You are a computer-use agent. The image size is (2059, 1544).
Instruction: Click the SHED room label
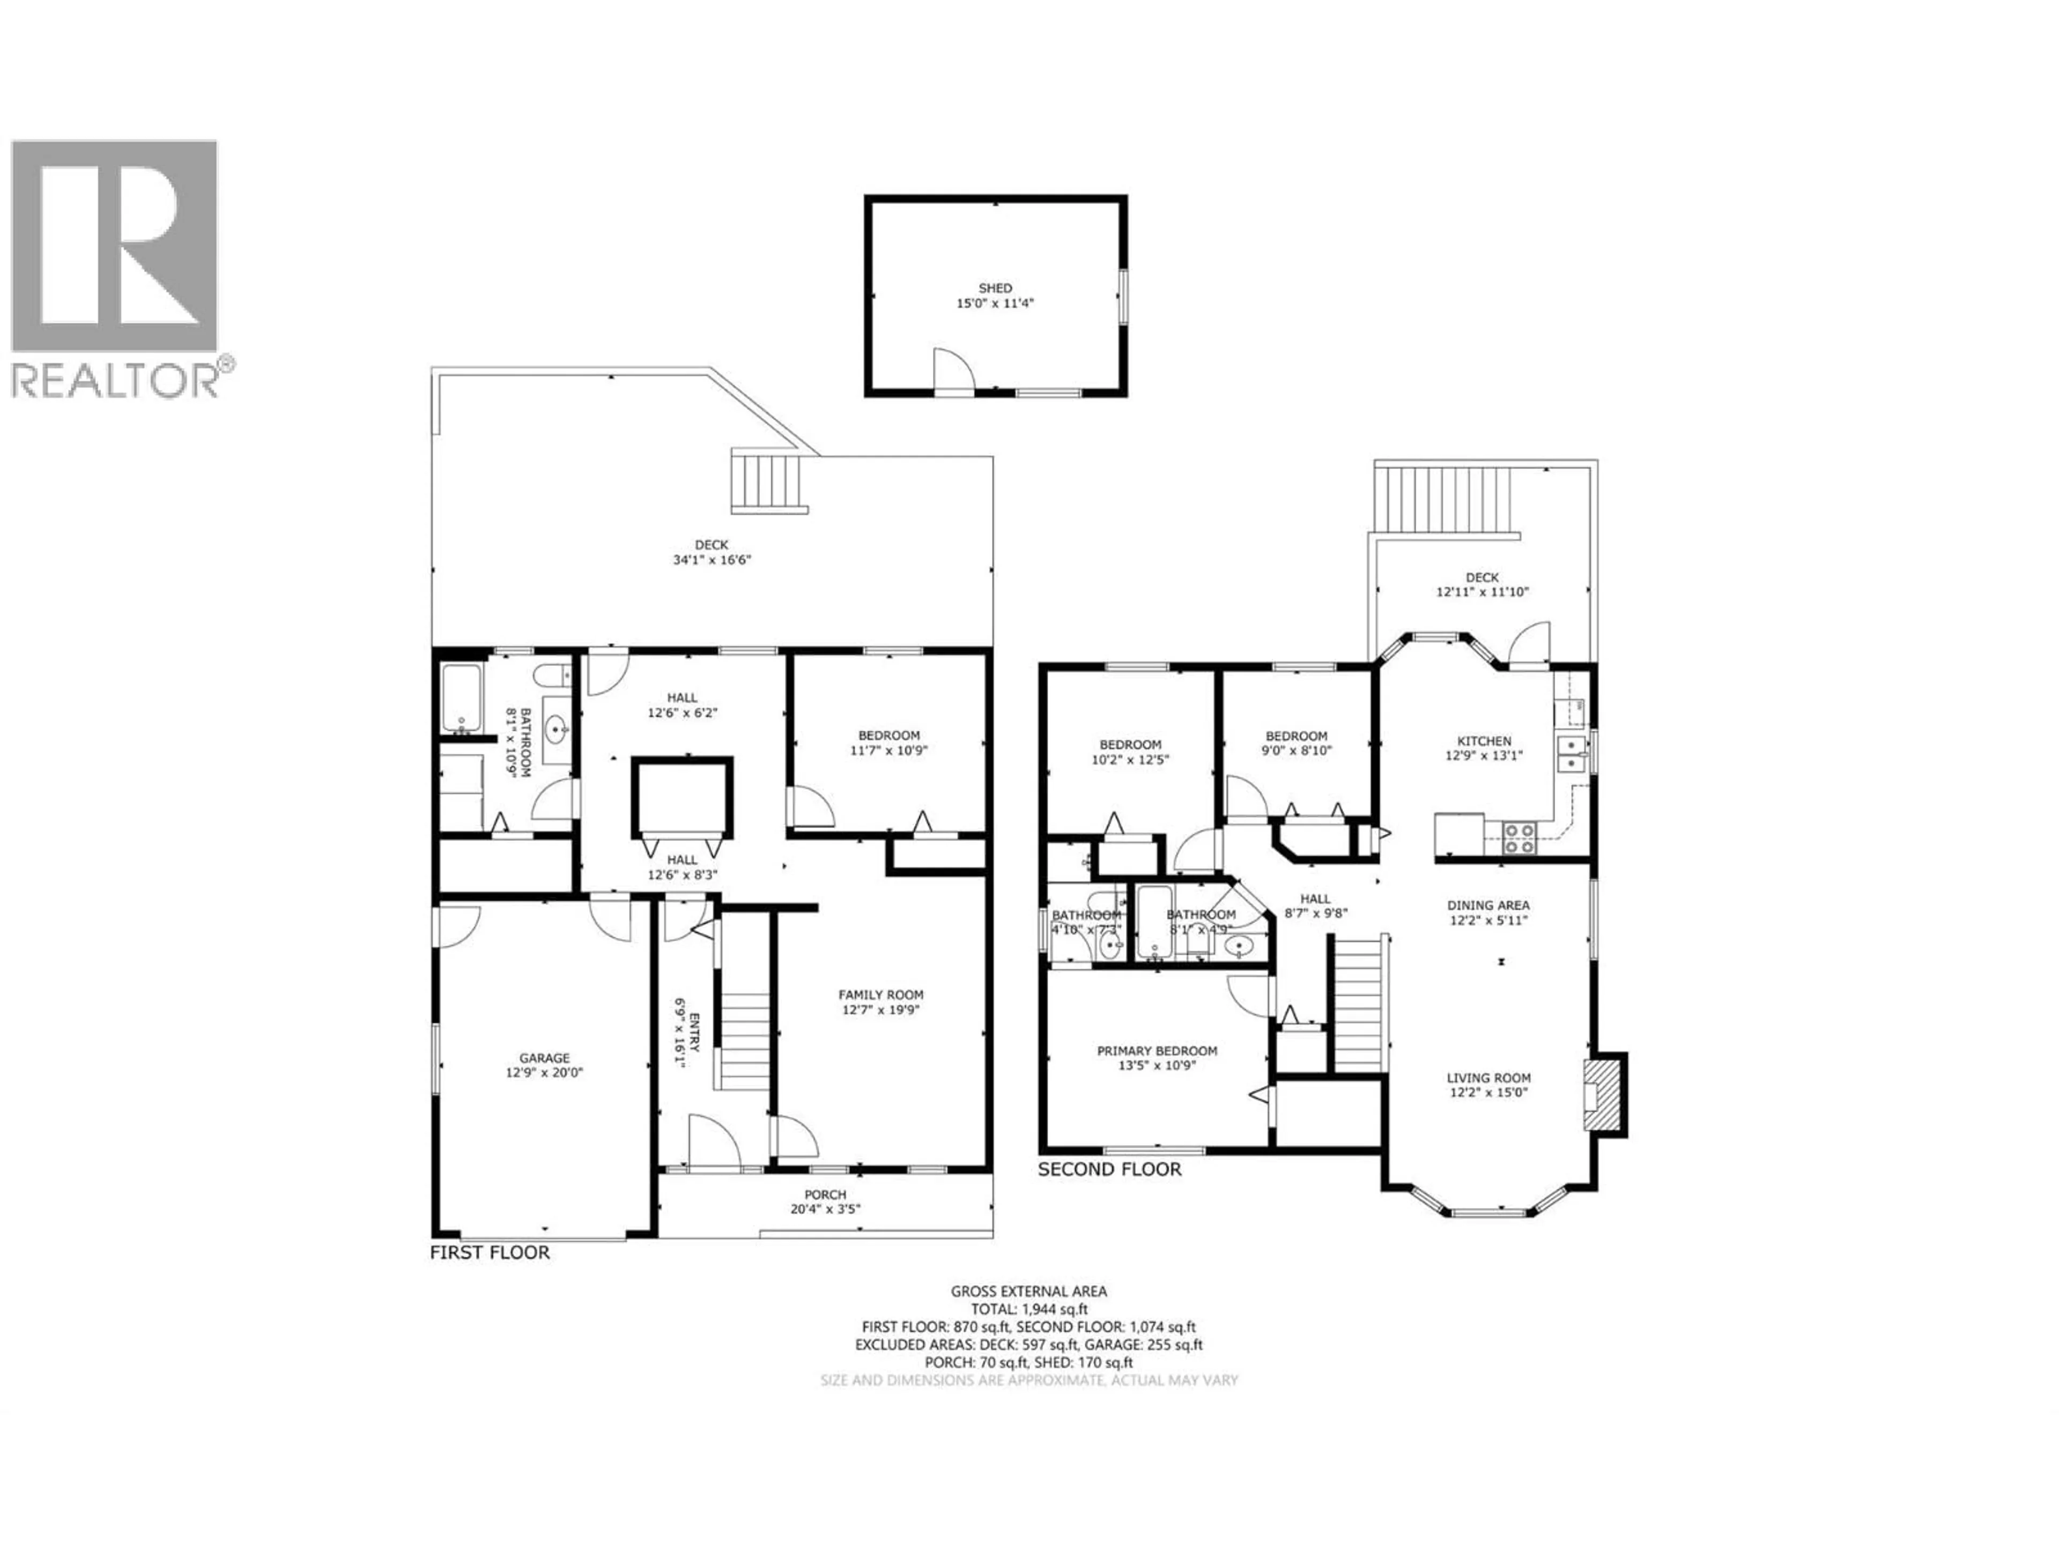pyautogui.click(x=995, y=288)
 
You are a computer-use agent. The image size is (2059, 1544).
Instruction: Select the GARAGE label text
pyautogui.click(x=545, y=1058)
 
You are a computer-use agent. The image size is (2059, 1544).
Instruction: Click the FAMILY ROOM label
pyautogui.click(x=880, y=995)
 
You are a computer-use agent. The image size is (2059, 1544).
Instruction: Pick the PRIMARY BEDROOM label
pyautogui.click(x=1157, y=1051)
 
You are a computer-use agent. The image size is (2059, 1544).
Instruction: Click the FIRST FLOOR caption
pyautogui.click(x=490, y=1253)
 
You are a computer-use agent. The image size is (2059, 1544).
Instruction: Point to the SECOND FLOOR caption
pyautogui.click(x=1109, y=1170)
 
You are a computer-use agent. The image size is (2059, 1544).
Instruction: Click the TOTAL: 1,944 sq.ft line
pyautogui.click(x=1028, y=1309)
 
